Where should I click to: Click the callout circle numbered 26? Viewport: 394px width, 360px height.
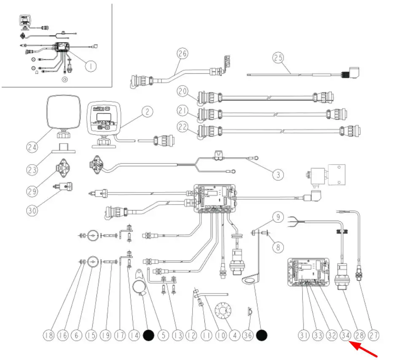pyautogui.click(x=182, y=54)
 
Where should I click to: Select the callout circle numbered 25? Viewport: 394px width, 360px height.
pyautogui.click(x=278, y=57)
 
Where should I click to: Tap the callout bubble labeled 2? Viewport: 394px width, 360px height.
pyautogui.click(x=147, y=112)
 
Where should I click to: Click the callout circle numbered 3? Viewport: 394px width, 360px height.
pyautogui.click(x=278, y=173)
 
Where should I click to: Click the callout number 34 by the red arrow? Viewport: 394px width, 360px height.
pyautogui.click(x=346, y=336)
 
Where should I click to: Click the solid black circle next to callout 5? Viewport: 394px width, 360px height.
pyautogui.click(x=148, y=336)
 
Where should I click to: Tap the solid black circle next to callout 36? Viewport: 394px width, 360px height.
pyautogui.click(x=262, y=336)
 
